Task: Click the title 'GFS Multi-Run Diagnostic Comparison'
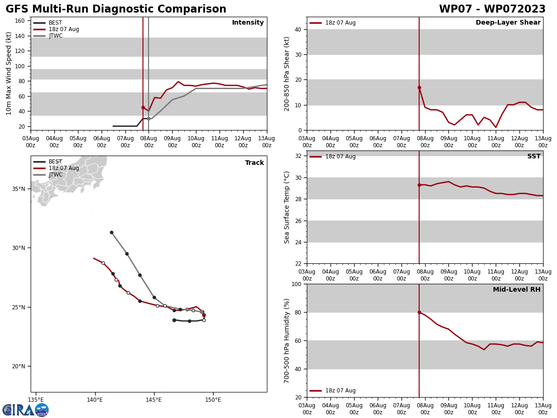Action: point(116,9)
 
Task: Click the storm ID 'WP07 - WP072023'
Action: point(492,9)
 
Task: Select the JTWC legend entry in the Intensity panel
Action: point(55,36)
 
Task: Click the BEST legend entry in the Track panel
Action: point(55,162)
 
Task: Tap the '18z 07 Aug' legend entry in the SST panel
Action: point(340,157)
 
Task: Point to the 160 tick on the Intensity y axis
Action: point(20,21)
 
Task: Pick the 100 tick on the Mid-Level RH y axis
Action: point(296,284)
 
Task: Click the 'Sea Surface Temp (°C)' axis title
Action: point(287,207)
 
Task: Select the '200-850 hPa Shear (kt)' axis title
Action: point(287,73)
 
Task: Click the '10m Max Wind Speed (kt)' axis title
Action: point(9,73)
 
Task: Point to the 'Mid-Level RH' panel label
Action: point(517,290)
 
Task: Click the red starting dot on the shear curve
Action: point(419,87)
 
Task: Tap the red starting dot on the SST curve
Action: point(419,185)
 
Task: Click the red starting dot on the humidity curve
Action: point(419,312)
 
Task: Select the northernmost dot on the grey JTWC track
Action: point(111,232)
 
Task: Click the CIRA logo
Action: point(26,410)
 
